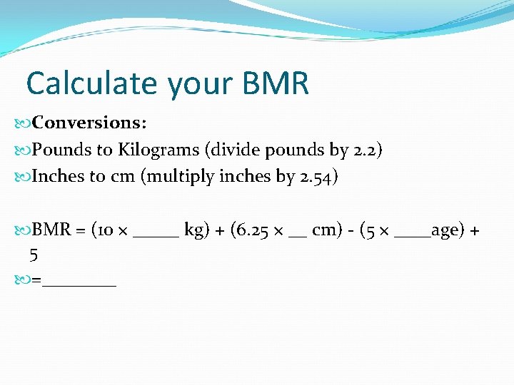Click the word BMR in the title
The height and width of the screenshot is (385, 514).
point(276,83)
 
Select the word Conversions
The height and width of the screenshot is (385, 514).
point(90,123)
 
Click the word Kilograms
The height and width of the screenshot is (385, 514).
point(157,150)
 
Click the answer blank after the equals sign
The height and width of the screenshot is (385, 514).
point(79,284)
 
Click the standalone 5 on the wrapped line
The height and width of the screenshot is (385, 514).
point(34,255)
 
